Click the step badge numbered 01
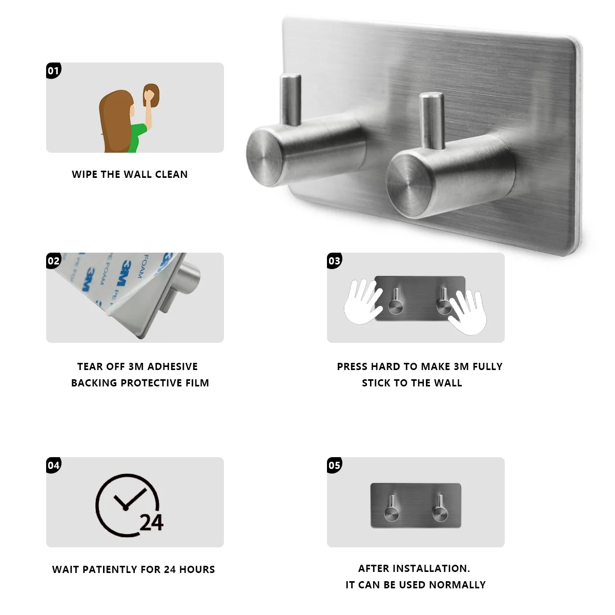(x=53, y=70)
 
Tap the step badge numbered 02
(x=53, y=261)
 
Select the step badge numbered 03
(x=334, y=261)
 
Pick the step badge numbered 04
(x=53, y=465)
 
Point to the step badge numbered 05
(x=334, y=465)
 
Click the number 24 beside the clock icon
(x=152, y=523)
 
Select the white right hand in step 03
(x=467, y=312)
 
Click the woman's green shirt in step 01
(x=137, y=138)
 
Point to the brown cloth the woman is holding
(x=151, y=95)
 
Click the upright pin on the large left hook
(x=291, y=99)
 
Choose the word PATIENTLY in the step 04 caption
(x=110, y=569)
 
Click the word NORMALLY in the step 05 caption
(x=457, y=585)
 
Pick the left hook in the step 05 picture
(x=392, y=508)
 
